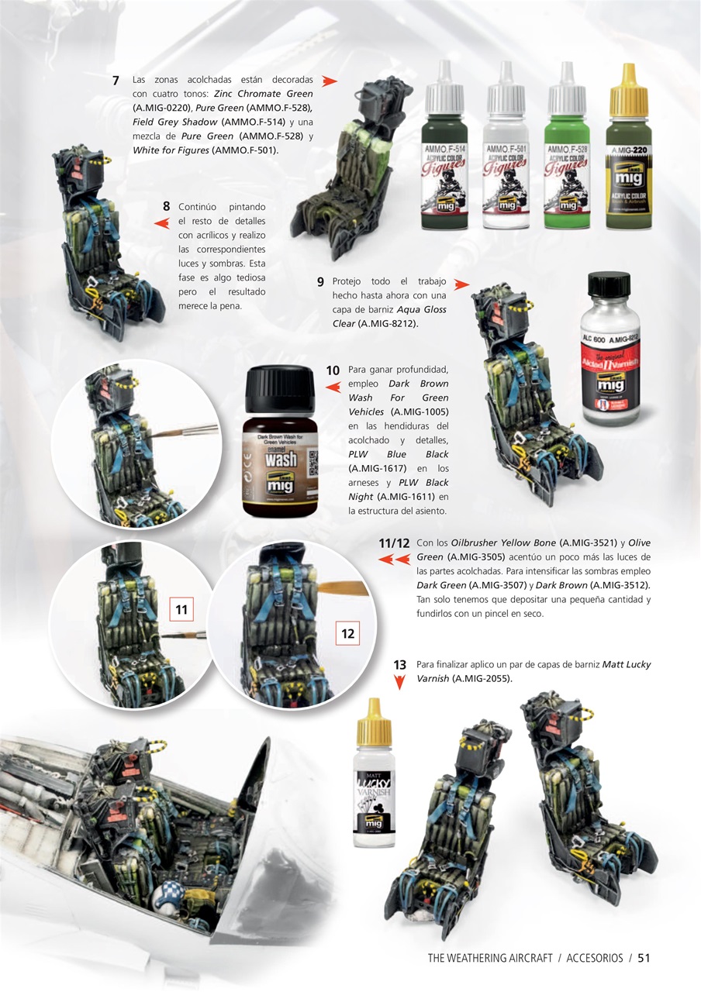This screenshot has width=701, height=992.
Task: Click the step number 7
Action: tap(115, 81)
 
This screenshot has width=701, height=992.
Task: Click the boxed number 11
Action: tap(181, 610)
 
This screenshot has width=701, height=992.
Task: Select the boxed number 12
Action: tap(347, 634)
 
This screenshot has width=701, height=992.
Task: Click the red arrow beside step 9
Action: tap(461, 284)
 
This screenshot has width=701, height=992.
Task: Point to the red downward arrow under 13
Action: tap(400, 683)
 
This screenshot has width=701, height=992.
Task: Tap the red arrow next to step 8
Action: tap(161, 223)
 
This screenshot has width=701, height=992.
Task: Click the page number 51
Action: tap(644, 958)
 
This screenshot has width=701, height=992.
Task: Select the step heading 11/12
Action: tap(394, 544)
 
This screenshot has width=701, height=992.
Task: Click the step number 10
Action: tap(333, 370)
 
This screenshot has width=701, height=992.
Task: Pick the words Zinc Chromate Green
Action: tap(264, 94)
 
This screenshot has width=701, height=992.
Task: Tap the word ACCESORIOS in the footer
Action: tap(594, 958)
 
